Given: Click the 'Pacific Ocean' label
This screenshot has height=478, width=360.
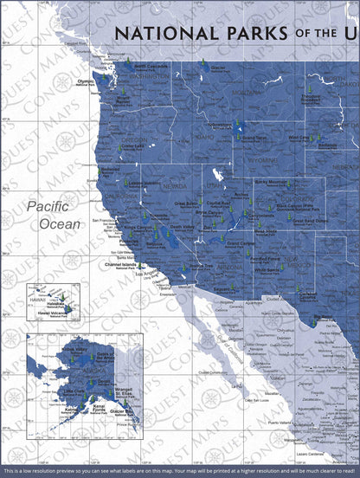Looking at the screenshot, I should (53, 215).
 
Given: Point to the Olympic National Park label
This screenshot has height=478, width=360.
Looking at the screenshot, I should (87, 83).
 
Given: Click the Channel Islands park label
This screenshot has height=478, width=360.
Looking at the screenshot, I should (122, 266).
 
